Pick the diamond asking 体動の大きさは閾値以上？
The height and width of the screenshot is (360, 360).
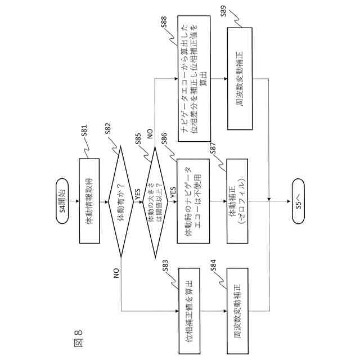(x=154, y=203)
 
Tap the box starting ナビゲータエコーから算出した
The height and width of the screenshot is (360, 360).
(x=194, y=78)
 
